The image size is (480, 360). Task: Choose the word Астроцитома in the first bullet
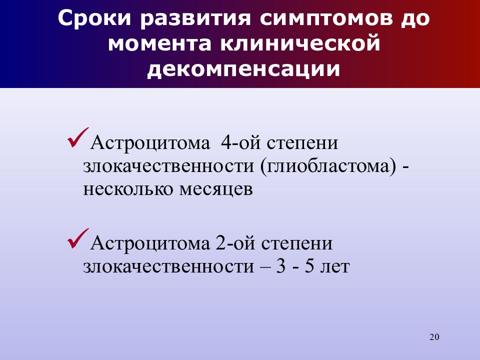pyautogui.click(x=149, y=143)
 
